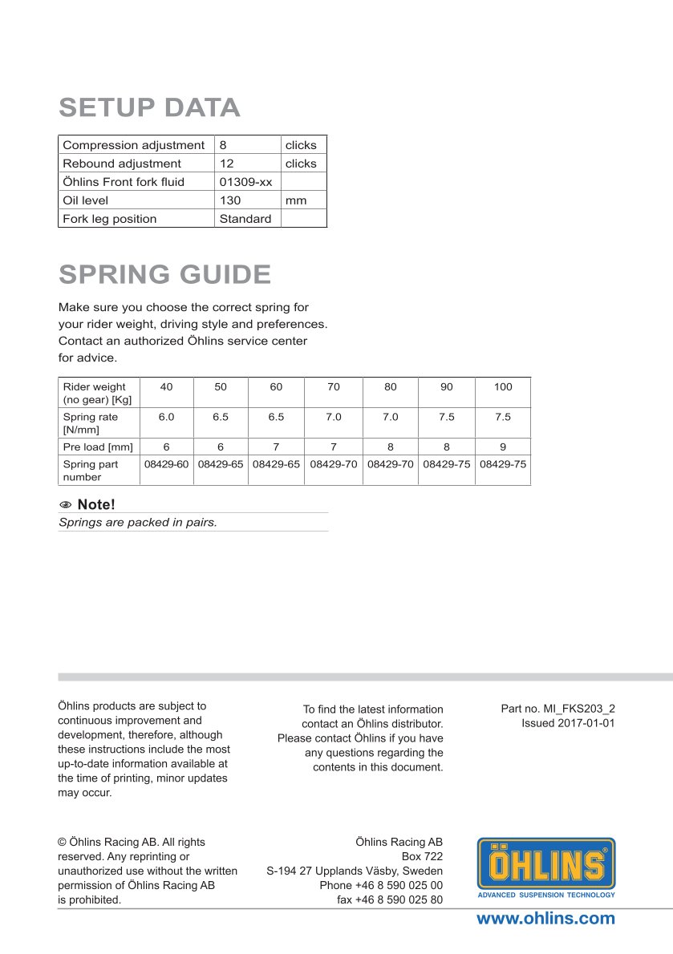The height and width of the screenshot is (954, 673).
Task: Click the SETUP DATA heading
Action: tap(149, 107)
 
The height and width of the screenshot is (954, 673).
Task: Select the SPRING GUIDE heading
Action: tap(164, 274)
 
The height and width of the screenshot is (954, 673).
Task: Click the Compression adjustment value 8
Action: tap(223, 145)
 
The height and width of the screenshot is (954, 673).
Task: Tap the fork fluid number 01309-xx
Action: tap(245, 182)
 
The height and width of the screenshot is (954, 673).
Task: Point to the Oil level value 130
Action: tap(230, 200)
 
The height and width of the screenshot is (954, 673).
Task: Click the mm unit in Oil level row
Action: tap(296, 200)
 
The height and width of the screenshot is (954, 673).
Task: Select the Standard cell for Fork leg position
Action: tap(245, 219)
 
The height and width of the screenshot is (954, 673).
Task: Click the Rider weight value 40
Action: tap(166, 387)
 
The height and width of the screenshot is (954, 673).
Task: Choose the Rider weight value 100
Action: tap(503, 387)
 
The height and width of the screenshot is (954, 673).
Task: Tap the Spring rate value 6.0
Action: tap(166, 417)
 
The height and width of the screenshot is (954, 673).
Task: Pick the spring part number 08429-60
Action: tap(166, 464)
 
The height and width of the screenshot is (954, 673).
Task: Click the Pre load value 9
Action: tap(503, 447)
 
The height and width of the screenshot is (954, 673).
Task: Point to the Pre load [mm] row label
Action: tap(98, 447)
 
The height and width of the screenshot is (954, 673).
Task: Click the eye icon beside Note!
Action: tap(66, 505)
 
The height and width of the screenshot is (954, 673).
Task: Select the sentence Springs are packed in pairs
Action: tap(138, 522)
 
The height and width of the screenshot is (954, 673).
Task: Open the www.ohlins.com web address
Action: tap(545, 919)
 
